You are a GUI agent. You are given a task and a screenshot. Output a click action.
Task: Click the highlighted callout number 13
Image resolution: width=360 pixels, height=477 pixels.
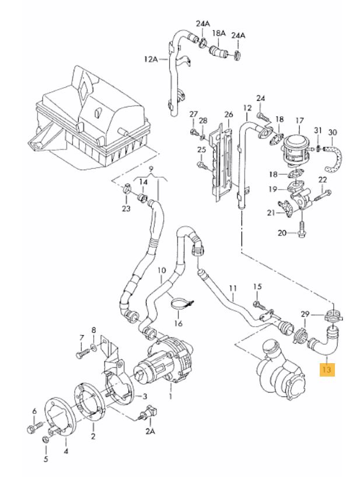(x=326, y=370)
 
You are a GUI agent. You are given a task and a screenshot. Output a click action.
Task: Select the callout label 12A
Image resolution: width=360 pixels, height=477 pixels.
(x=151, y=59)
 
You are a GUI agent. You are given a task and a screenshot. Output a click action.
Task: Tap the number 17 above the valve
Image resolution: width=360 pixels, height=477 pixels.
(x=299, y=121)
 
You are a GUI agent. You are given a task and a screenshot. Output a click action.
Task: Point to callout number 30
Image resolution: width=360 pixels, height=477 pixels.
(x=333, y=132)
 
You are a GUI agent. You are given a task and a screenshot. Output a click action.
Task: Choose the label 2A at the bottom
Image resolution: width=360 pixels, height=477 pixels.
(x=150, y=431)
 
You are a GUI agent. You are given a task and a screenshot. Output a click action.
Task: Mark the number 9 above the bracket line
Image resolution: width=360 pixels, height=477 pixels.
(x=151, y=170)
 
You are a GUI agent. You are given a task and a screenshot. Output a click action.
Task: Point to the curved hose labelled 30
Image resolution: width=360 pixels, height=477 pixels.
(x=335, y=155)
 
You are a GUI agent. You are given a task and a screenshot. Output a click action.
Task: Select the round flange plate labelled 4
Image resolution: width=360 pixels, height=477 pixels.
(x=58, y=415)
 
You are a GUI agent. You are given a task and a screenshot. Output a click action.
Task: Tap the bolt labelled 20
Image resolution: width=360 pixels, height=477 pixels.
(x=302, y=231)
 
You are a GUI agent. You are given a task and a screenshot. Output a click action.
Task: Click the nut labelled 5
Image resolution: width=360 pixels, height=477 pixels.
(x=47, y=438)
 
